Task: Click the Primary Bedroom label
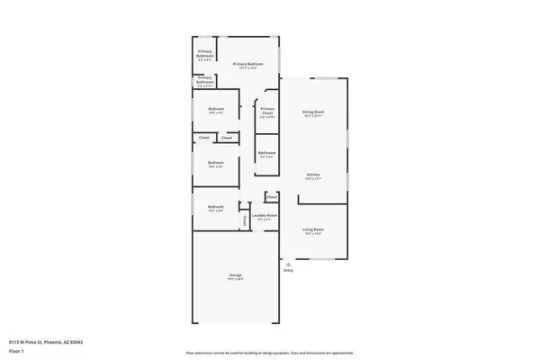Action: [249, 64]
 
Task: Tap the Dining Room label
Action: [312, 112]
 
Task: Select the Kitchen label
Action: [312, 175]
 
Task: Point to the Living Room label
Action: [312, 229]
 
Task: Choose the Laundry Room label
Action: [264, 215]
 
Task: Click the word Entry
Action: [288, 270]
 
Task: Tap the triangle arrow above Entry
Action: [288, 264]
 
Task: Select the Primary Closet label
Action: [267, 111]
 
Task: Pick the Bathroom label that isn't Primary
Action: [266, 153]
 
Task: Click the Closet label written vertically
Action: [244, 220]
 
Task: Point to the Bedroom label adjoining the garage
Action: [215, 207]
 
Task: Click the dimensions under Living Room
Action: [312, 234]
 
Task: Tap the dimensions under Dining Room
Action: [312, 116]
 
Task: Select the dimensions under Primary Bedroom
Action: [249, 68]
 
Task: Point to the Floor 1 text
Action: [15, 350]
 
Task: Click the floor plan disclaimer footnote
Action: [270, 352]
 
